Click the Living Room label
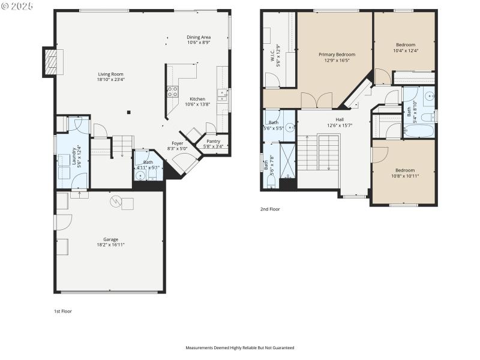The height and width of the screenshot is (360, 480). (x=111, y=74)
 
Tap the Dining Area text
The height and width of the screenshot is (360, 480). (x=199, y=37)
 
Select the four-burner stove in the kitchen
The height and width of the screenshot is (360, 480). (x=172, y=92)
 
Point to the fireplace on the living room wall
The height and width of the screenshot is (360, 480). (x=52, y=61)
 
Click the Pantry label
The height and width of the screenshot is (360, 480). (x=213, y=141)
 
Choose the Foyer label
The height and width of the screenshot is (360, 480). (x=178, y=143)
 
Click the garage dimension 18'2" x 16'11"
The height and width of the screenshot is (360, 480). (x=110, y=245)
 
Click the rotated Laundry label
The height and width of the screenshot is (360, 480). (x=74, y=156)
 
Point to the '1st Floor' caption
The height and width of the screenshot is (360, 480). (x=62, y=311)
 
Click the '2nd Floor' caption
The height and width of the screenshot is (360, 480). (x=270, y=209)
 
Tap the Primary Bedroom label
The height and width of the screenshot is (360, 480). (x=337, y=55)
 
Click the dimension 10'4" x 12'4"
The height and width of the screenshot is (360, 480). (x=405, y=50)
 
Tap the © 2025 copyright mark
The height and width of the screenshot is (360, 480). (x=17, y=5)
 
